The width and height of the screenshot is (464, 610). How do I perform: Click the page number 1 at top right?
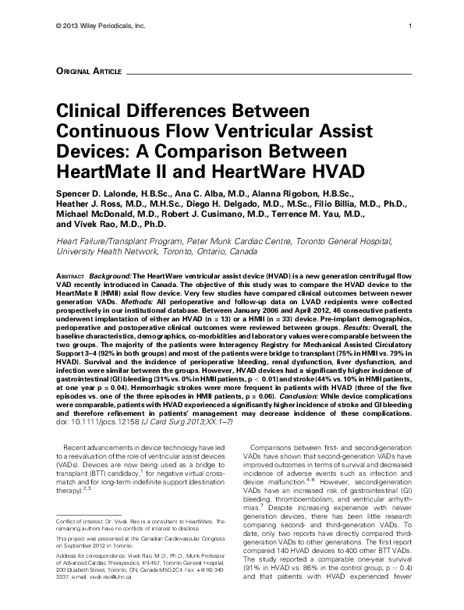(x=409, y=28)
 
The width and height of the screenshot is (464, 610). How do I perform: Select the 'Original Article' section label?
(x=83, y=71)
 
